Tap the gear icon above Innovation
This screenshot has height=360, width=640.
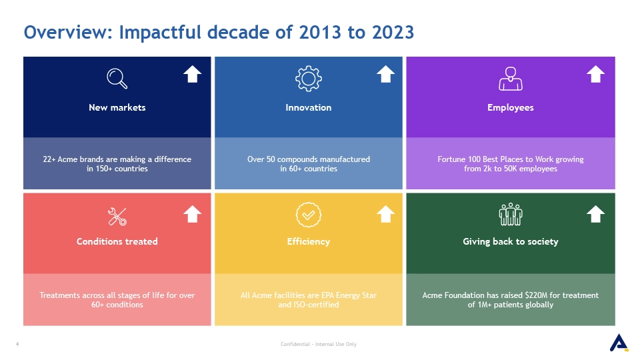[x=309, y=79]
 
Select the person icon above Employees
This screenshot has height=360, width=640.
[x=510, y=79]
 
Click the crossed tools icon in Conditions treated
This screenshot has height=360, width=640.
[x=117, y=216]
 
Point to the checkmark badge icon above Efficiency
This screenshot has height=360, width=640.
[x=309, y=215]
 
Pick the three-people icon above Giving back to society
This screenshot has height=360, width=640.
[x=510, y=214]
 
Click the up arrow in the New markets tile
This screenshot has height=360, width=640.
[x=192, y=74]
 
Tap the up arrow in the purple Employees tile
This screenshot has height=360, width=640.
[x=595, y=74]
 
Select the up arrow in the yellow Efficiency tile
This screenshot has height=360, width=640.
[x=385, y=214]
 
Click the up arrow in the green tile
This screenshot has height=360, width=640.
[x=595, y=214]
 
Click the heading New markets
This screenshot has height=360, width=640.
[x=117, y=107]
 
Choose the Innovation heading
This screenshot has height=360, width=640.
[x=309, y=107]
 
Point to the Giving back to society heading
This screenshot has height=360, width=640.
[x=510, y=241]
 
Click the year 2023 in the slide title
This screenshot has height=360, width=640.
[x=393, y=32]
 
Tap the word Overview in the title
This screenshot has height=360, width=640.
[x=68, y=32]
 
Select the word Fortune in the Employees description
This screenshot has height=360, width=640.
[x=451, y=159]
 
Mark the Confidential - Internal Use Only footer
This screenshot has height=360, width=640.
[x=319, y=344]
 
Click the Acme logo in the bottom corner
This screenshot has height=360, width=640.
[x=619, y=343]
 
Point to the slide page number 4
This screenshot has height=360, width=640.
[x=17, y=344]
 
